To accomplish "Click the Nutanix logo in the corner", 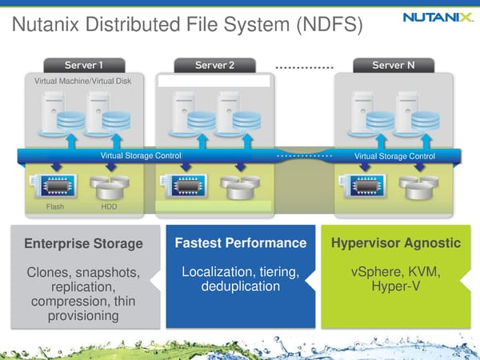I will (x=436, y=16).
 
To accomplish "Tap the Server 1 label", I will (x=84, y=65).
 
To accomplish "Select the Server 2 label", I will (x=215, y=65).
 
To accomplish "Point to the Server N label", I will (x=393, y=65).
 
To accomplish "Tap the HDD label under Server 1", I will (x=109, y=207).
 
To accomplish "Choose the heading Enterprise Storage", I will (x=84, y=243).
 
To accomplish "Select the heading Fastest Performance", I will (x=239, y=242).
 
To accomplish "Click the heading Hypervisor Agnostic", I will (x=395, y=242).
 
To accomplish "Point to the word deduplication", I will (x=240, y=286).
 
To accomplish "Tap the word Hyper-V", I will (x=395, y=286).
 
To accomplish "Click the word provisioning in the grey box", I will (x=84, y=315).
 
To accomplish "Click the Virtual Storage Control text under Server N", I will (x=394, y=156).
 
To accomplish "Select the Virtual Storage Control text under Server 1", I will (x=141, y=155).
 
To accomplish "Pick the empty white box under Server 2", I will (x=214, y=81).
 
